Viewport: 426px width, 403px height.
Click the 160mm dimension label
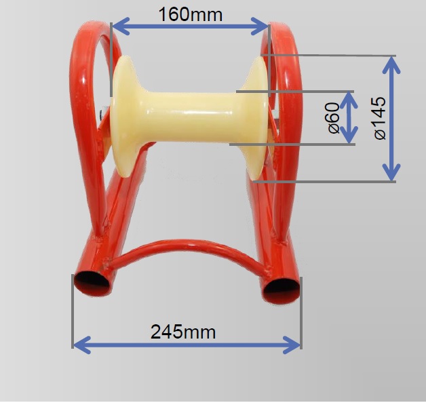(190, 14)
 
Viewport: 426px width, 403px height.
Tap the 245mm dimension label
(183, 332)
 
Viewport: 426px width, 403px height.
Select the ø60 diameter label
(334, 118)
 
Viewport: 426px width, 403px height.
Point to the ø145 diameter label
(380, 118)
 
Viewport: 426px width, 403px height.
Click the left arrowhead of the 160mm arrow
(121, 26)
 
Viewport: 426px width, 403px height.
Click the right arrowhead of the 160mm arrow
(259, 26)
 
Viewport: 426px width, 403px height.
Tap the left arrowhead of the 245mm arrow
(82, 345)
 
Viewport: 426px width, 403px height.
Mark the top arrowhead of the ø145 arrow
(391, 64)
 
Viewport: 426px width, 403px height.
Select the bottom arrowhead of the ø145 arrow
(391, 172)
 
